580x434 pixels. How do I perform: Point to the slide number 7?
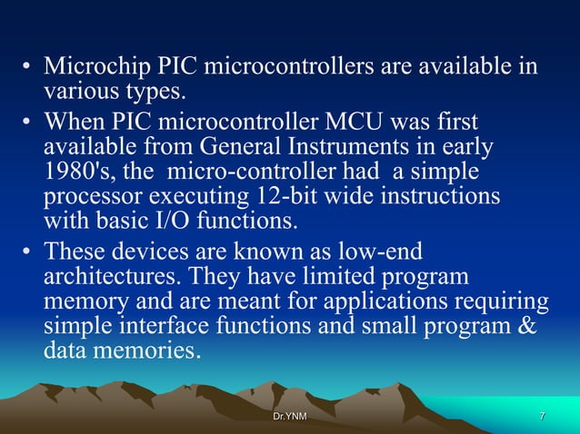542,416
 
